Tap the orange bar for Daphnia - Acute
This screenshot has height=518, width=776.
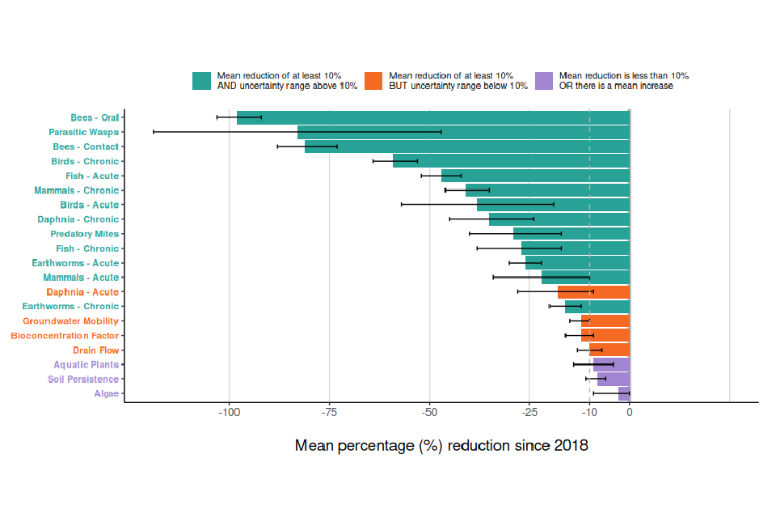tap(593, 292)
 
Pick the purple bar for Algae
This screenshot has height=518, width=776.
tap(624, 394)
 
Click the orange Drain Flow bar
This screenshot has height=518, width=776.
tap(609, 350)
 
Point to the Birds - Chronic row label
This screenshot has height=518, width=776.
tap(85, 162)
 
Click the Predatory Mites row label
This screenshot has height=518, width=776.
tap(84, 234)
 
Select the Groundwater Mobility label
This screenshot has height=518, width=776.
tap(70, 321)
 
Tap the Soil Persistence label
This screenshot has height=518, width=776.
tap(82, 380)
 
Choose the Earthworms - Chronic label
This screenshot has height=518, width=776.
tap(70, 307)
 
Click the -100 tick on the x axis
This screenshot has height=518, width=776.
tap(230, 413)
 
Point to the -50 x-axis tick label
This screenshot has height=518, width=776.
tap(429, 413)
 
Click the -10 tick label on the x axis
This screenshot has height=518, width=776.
tap(589, 413)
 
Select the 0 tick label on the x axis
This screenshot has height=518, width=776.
tap(630, 413)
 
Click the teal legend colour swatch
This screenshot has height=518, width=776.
tap(201, 81)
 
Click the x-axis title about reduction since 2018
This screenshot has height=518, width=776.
tap(441, 446)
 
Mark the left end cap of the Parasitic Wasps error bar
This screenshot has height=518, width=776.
tap(154, 132)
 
